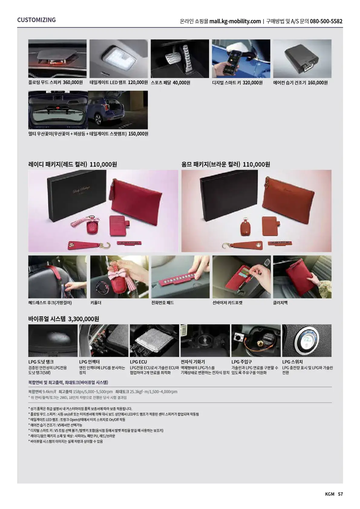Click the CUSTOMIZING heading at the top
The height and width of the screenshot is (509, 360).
[36, 20]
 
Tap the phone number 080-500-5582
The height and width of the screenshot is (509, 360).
[326, 21]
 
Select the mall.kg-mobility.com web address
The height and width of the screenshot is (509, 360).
[235, 21]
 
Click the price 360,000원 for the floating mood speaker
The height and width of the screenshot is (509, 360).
[73, 82]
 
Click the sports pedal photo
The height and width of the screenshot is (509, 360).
[180, 59]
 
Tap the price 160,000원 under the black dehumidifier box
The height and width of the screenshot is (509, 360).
[318, 82]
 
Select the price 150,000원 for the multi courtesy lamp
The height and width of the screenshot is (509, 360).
[138, 134]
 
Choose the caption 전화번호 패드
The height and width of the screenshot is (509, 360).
[162, 302]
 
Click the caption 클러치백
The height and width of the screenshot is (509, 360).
[280, 302]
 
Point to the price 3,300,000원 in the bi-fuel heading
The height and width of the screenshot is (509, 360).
[83, 319]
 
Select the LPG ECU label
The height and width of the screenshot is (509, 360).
[138, 362]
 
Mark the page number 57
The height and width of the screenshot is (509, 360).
[340, 494]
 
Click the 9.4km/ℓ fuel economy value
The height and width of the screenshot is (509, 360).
[49, 392]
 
